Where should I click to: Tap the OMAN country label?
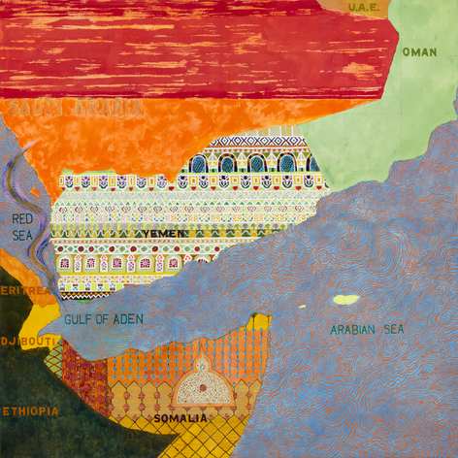(x=419, y=52)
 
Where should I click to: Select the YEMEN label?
(x=164, y=235)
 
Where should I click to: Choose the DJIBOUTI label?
(x=20, y=342)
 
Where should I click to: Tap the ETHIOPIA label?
(x=28, y=411)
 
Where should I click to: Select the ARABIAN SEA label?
(x=368, y=330)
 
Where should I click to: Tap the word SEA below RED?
(x=22, y=234)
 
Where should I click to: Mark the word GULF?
(x=77, y=318)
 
